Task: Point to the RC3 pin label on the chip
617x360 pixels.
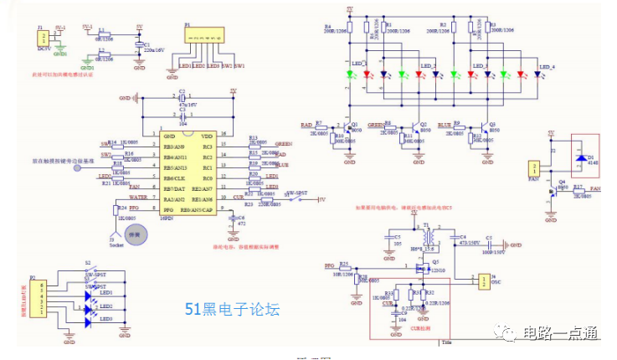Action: (x=207, y=146)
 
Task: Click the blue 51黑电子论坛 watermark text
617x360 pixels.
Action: (x=231, y=310)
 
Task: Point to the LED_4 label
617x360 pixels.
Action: (x=548, y=66)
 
